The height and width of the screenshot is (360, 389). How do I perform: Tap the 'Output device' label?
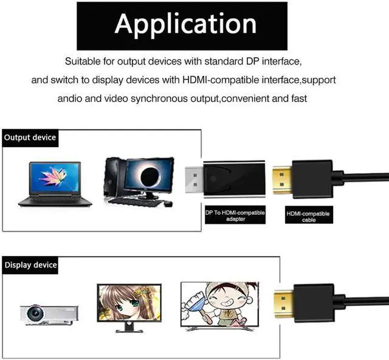pos(30,137)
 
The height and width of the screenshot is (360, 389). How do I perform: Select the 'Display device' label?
pos(30,265)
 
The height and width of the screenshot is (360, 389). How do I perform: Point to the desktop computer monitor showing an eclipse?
pos(148,176)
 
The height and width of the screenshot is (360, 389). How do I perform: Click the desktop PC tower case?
pos(112,179)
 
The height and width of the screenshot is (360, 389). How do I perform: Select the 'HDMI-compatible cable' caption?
pos(308,216)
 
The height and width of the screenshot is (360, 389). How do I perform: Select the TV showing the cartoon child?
pos(219,304)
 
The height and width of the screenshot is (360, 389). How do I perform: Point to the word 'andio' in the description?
pos(72,99)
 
